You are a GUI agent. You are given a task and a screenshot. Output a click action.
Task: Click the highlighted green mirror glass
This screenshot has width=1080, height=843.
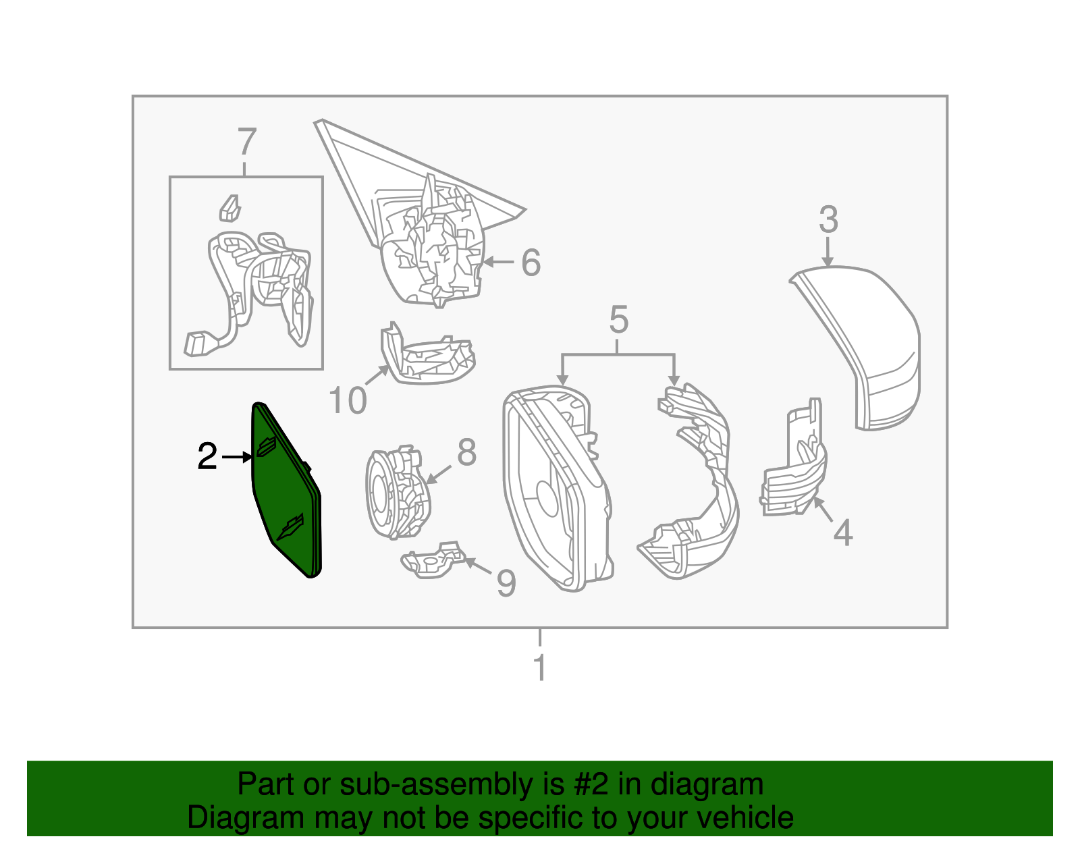[287, 493]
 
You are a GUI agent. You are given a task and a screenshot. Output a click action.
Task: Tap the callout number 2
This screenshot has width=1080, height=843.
[207, 457]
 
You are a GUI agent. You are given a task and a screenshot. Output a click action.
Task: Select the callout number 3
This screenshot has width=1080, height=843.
[828, 220]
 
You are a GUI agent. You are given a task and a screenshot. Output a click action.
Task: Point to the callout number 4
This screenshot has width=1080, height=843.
[842, 533]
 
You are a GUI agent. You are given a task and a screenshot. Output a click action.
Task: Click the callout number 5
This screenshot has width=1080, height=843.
[618, 319]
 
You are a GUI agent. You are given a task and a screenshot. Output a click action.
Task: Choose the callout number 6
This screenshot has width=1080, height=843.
[531, 263]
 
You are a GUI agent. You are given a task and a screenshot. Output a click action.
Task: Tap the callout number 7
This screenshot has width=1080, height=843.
[247, 142]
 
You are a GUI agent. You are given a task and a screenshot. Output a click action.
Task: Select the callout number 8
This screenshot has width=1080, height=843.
[467, 452]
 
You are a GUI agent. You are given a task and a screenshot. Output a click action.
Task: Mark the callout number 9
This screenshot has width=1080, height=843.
[506, 583]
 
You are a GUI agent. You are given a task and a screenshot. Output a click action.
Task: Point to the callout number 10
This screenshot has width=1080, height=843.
[347, 401]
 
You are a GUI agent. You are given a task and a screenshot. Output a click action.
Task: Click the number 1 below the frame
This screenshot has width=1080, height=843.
[539, 668]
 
